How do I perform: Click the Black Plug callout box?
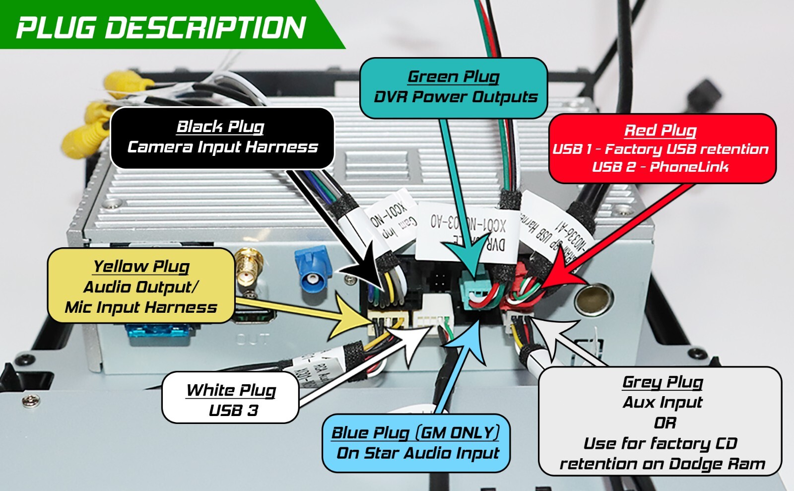click(x=222, y=138)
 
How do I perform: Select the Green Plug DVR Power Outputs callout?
click(x=454, y=88)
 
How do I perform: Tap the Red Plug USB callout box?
click(x=662, y=148)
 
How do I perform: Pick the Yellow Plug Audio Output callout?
click(x=141, y=286)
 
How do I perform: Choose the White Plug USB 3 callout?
click(x=231, y=399)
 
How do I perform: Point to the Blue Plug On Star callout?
click(x=416, y=443)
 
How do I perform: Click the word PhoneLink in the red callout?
click(x=689, y=167)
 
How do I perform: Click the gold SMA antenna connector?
click(x=246, y=268)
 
